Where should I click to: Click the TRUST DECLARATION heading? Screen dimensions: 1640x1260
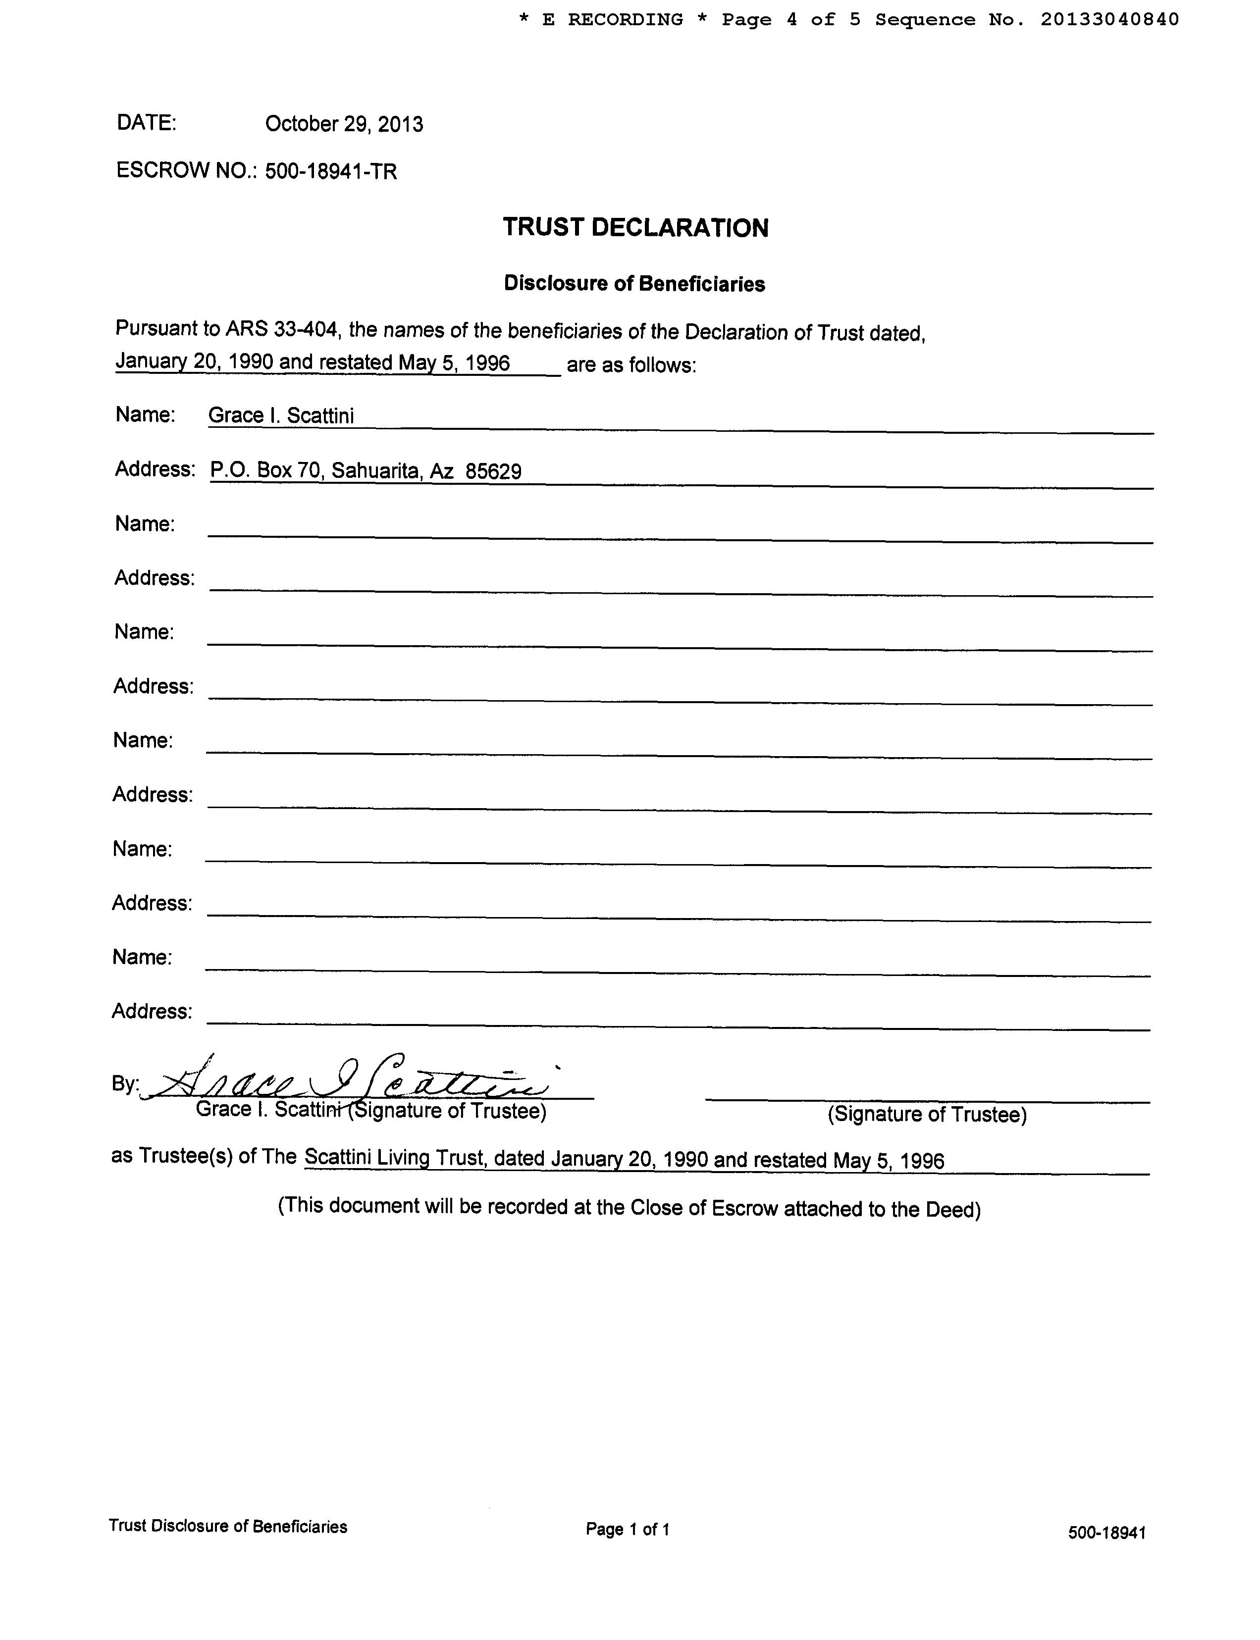pos(635,228)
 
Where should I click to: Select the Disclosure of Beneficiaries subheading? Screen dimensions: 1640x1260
pos(634,283)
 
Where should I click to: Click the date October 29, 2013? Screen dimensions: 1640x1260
pos(344,124)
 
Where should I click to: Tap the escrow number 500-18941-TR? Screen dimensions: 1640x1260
pos(331,172)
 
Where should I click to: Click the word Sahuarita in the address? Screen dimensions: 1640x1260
pos(375,471)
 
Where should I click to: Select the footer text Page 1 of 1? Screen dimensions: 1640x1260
pos(627,1529)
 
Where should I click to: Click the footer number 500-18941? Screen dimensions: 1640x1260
pos(1106,1533)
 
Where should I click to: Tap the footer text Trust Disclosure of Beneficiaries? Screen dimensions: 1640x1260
pos(227,1526)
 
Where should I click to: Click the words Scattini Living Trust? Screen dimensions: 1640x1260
pos(396,1157)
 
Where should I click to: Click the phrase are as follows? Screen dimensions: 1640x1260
pos(631,365)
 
